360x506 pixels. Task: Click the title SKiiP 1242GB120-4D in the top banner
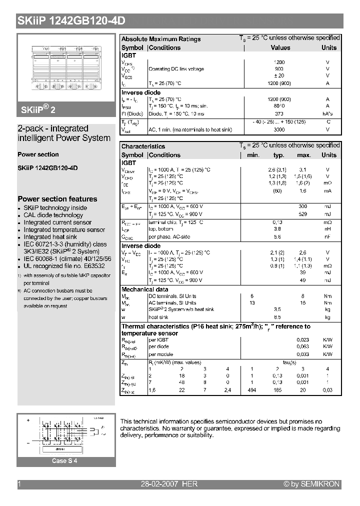click(x=71, y=20)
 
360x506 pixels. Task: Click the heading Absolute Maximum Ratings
click(x=161, y=39)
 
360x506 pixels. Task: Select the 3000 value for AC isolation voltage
click(x=279, y=129)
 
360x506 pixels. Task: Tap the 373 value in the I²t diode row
click(x=279, y=113)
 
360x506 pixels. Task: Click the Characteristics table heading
click(x=143, y=146)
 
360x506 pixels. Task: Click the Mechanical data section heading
click(x=144, y=289)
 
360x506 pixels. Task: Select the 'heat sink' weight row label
click(x=158, y=317)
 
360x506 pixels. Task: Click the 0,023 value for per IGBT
click(x=302, y=339)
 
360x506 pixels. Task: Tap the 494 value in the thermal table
click(x=253, y=389)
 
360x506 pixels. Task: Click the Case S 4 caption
click(x=65, y=461)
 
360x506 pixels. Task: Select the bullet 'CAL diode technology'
click(x=53, y=215)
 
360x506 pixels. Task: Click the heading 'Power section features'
click(x=57, y=199)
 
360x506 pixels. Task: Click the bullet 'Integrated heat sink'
click(x=50, y=237)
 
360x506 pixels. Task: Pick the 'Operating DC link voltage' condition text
click(x=176, y=69)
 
